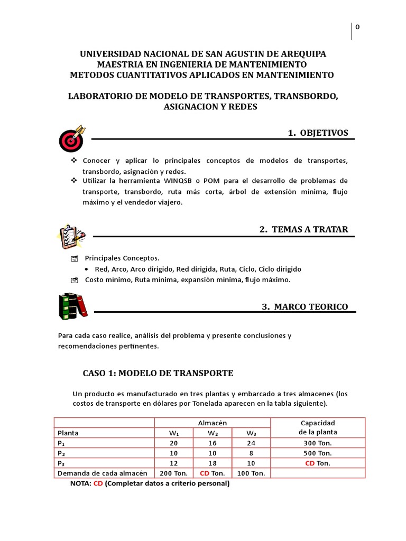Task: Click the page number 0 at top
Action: [357, 28]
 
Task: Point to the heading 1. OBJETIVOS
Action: [318, 133]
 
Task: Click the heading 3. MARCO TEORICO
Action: [305, 306]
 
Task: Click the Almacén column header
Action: [212, 423]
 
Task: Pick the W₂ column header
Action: [212, 433]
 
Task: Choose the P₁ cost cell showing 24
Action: [251, 443]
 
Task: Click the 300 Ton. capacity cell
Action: [318, 443]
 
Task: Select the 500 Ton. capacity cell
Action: [318, 453]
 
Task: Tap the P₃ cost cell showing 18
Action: [212, 463]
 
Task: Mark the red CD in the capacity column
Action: [310, 463]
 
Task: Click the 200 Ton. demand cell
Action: [173, 473]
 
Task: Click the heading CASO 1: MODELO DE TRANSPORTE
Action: [158, 373]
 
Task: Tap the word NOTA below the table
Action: [80, 483]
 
